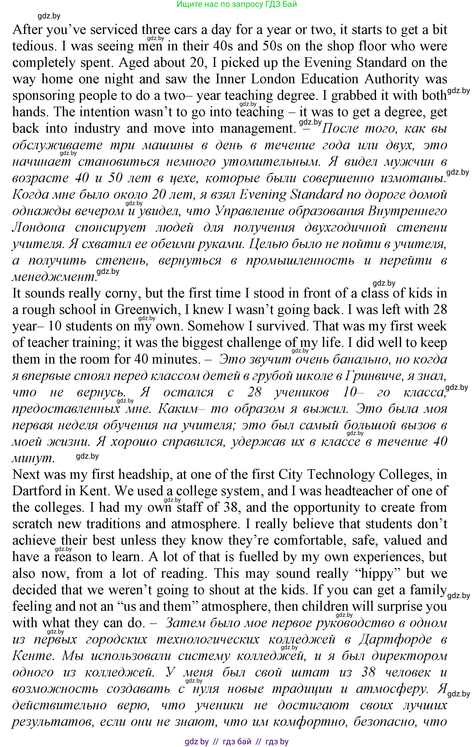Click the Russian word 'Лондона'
pyautogui.click(x=39, y=228)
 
